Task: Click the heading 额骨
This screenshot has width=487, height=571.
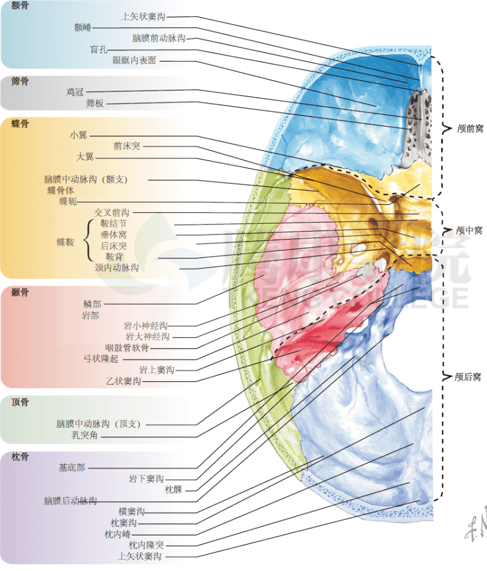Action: (x=20, y=5)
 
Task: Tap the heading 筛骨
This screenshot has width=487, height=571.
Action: (x=20, y=81)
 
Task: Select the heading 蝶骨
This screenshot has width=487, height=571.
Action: (x=20, y=124)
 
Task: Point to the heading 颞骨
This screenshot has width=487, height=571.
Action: (x=20, y=292)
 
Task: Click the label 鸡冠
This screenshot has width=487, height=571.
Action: (x=75, y=92)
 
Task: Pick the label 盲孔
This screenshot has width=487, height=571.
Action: (x=98, y=49)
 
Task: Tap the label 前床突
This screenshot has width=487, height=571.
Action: (x=127, y=146)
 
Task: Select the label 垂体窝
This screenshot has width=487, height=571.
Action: (x=114, y=234)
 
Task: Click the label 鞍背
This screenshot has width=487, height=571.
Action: (x=114, y=257)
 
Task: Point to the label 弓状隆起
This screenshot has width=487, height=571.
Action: (x=101, y=359)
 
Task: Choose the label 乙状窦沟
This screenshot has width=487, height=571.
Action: (x=123, y=381)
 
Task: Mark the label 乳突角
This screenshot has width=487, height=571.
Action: (x=84, y=435)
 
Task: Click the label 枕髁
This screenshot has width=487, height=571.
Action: (x=173, y=490)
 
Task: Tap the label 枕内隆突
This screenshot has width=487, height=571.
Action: (x=146, y=545)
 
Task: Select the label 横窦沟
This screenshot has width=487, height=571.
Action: (x=131, y=511)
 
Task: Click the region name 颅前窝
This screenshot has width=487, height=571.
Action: (x=470, y=128)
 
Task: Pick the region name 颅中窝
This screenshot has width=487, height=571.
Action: (x=469, y=230)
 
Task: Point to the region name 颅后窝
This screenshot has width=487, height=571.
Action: (x=467, y=377)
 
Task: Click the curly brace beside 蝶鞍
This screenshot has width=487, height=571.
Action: (x=87, y=240)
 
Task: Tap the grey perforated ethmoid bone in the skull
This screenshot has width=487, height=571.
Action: (x=417, y=129)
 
